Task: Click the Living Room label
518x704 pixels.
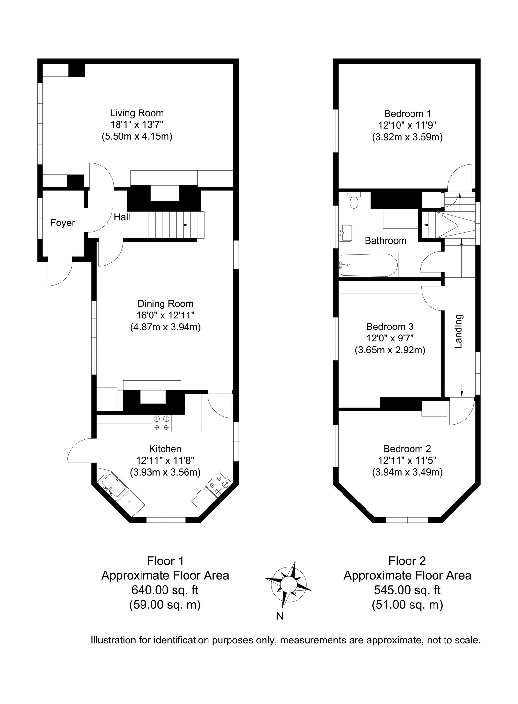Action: pyautogui.click(x=137, y=113)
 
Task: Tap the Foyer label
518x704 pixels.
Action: pyautogui.click(x=62, y=223)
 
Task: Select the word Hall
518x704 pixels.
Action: pyautogui.click(x=122, y=217)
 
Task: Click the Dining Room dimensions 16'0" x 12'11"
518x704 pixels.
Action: pyautogui.click(x=165, y=315)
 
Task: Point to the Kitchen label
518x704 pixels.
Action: pyautogui.click(x=165, y=449)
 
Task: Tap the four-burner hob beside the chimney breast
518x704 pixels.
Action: pyautogui.click(x=162, y=423)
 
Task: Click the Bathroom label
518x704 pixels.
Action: pyautogui.click(x=385, y=240)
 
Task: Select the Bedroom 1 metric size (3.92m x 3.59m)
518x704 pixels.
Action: pyautogui.click(x=407, y=137)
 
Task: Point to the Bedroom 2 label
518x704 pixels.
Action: pyautogui.click(x=407, y=449)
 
